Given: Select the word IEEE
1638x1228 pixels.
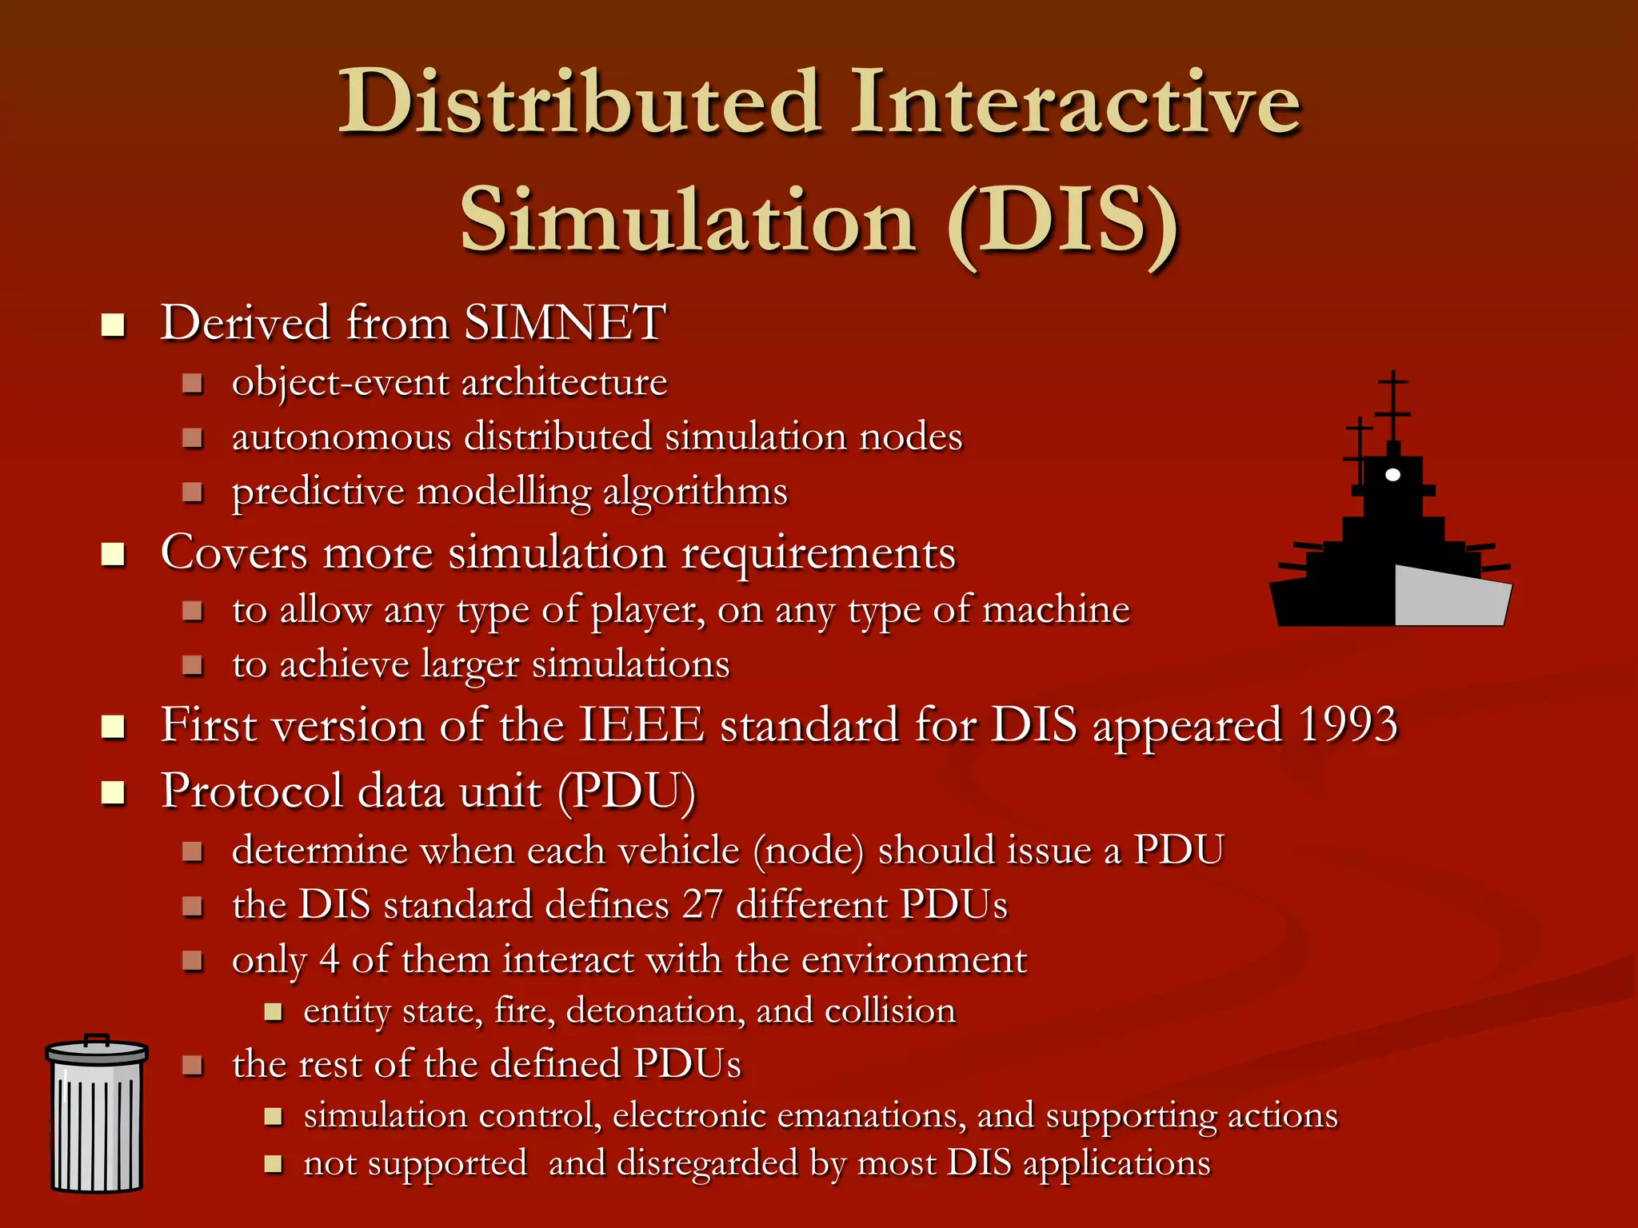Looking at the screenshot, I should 641,725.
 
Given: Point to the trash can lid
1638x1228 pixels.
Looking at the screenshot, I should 97,1050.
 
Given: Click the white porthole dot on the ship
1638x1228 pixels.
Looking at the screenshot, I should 1392,475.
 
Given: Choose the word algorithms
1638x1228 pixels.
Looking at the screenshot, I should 695,491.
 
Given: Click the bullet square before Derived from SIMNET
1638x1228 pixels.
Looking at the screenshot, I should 114,325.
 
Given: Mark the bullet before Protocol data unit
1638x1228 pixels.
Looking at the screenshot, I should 114,792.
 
